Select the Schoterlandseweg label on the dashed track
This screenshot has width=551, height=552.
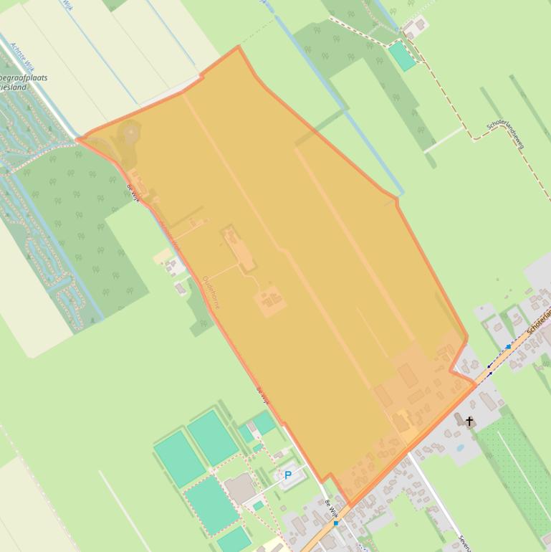click(506, 134)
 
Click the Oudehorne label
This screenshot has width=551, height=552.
click(211, 292)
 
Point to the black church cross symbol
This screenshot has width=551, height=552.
click(470, 422)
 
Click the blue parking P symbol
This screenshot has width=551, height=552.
click(288, 475)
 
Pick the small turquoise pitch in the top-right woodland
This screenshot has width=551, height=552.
click(402, 56)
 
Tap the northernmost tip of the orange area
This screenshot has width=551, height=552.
click(239, 47)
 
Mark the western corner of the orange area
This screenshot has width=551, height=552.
click(77, 139)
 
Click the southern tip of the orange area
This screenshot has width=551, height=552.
click(349, 504)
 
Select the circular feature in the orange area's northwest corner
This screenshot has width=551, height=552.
click(130, 133)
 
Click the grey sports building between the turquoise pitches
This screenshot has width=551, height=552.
click(240, 488)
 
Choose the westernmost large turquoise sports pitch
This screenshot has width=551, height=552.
click(179, 458)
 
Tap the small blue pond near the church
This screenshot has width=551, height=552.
click(459, 448)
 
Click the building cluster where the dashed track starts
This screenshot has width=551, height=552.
click(414, 29)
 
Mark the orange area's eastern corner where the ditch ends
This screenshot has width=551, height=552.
click(396, 198)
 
